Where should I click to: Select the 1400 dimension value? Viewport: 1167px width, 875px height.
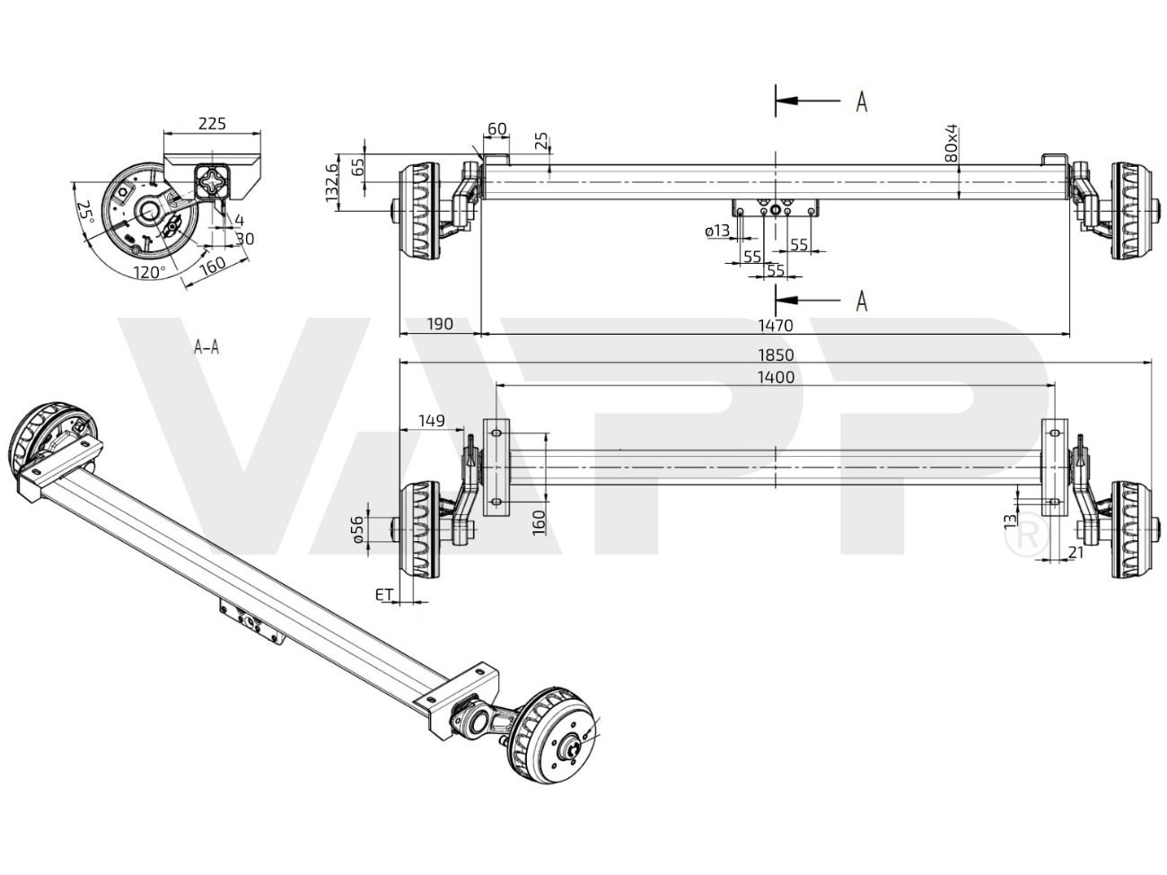[776, 377]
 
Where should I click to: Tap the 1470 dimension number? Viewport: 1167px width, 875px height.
[776, 326]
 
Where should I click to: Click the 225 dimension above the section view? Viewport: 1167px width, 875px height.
[212, 123]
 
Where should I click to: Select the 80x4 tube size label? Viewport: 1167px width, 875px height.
[952, 144]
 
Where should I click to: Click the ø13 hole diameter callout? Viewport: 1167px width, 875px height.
[717, 232]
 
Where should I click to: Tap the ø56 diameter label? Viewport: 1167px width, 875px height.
[358, 530]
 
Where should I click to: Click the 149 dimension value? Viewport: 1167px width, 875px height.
[432, 419]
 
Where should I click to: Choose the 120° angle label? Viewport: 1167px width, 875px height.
[149, 271]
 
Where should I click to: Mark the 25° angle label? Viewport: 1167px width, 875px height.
[84, 211]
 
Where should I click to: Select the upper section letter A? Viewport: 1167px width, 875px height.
[861, 102]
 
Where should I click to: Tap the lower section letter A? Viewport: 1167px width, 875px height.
[861, 301]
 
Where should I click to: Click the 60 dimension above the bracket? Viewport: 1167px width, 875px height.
[496, 129]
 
